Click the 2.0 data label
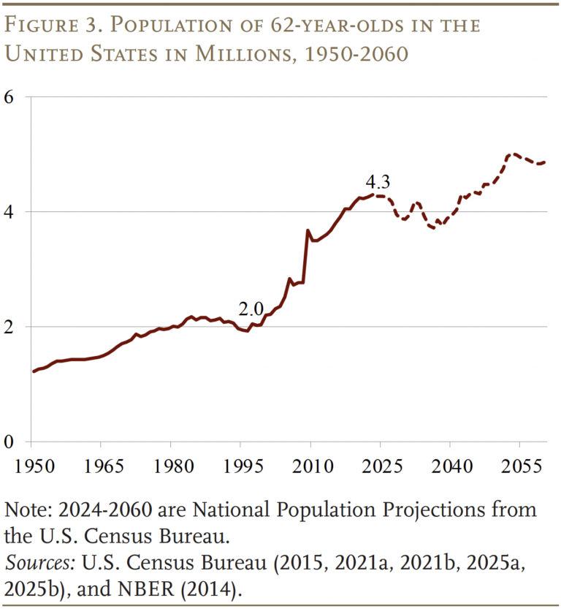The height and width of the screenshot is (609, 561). coord(251,309)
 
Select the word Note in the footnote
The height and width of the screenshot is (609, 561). coord(22,509)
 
